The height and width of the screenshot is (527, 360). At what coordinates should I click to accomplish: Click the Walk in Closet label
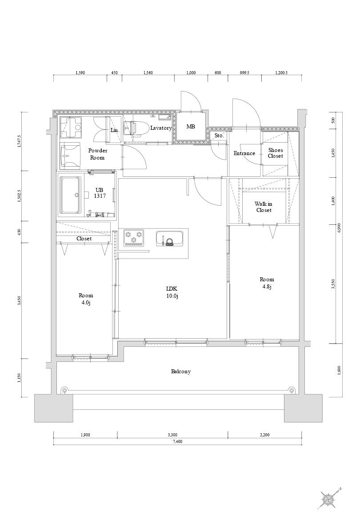pos(264,207)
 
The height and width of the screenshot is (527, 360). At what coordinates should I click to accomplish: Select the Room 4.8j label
pos(267,283)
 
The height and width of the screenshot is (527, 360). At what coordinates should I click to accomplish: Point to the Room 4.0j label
pos(86,299)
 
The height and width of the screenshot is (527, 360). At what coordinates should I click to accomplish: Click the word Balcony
pos(181,371)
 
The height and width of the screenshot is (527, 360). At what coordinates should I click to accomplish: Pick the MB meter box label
pos(191,127)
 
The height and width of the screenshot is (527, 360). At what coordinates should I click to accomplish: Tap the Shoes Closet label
pos(275,153)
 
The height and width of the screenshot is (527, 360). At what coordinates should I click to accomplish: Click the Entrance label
pos(244,153)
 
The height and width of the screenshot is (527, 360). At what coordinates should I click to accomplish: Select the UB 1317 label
pos(100,192)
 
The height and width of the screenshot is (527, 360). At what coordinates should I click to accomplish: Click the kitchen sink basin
pos(169,239)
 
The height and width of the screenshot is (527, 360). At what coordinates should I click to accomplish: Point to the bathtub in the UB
pos(71,195)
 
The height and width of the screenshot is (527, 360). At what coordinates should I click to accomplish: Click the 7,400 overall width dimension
pos(177,442)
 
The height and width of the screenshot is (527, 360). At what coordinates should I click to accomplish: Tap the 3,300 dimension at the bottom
pos(172,435)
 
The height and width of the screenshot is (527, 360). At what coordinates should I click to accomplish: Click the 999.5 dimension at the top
pos(245,72)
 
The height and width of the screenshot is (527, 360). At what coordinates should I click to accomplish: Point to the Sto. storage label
pos(219,136)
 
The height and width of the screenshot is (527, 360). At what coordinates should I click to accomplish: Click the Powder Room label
pos(97,154)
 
